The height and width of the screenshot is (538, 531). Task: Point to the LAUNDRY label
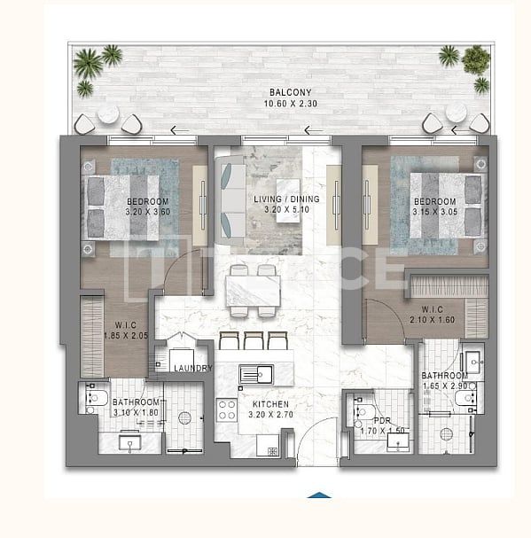[x=192, y=368]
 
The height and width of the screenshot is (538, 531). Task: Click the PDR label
[x=381, y=420]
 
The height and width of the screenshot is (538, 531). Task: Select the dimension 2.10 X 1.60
[x=432, y=319]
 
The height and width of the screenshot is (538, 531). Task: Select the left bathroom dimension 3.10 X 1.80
[x=136, y=412]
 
